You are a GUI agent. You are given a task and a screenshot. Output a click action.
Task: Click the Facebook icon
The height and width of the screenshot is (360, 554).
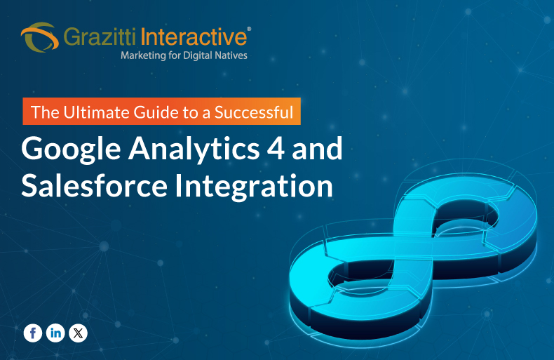[x=32, y=333]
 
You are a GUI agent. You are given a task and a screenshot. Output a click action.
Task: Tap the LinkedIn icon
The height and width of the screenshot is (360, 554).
[x=55, y=333]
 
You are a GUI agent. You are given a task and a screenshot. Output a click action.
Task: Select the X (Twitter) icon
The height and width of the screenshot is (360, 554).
[x=79, y=333]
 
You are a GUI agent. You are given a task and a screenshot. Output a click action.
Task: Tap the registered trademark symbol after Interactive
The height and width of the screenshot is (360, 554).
[x=249, y=29]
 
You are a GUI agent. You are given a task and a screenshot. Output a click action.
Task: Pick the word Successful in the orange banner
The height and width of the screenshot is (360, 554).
[x=262, y=111]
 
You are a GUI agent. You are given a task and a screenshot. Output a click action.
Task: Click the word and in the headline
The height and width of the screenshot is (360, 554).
[x=318, y=149]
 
